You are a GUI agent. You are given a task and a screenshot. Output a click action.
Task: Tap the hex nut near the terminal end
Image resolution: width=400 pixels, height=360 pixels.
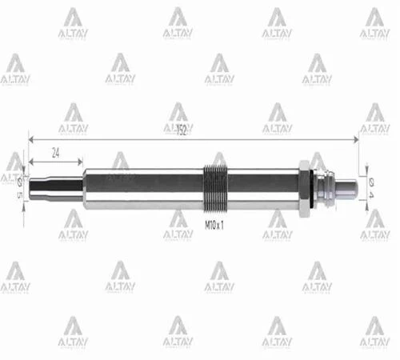(x=305, y=188)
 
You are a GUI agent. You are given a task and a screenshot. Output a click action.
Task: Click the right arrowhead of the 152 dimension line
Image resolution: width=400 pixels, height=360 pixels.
(x=354, y=140)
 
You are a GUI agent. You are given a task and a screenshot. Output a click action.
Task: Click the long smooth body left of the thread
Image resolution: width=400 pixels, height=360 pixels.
(x=144, y=188)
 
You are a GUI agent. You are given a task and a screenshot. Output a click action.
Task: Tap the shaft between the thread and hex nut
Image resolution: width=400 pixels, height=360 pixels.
(x=264, y=188)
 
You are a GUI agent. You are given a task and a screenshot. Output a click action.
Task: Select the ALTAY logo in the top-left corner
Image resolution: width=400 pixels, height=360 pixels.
(x=73, y=24)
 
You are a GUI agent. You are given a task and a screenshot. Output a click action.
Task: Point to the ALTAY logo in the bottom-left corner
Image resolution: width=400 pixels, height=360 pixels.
(x=73, y=332)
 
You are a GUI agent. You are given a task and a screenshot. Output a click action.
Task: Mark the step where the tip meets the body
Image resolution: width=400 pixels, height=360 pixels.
(x=83, y=188)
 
